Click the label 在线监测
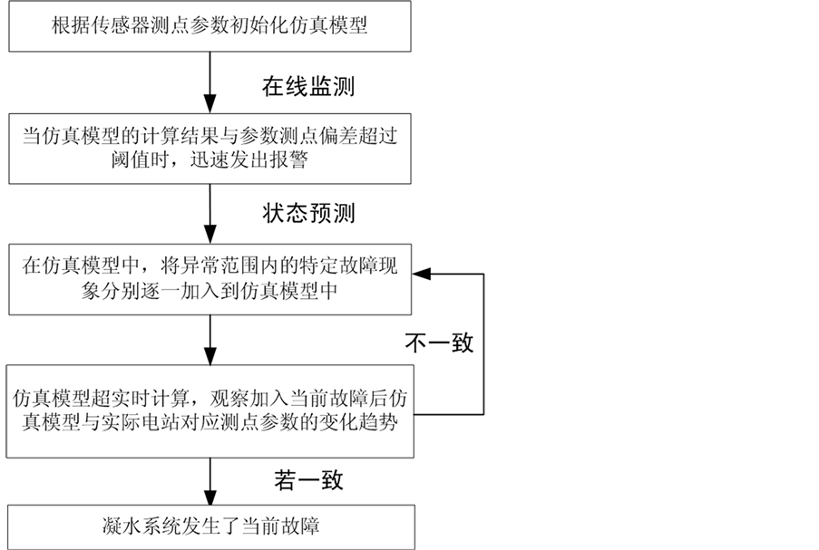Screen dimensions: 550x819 point(307,88)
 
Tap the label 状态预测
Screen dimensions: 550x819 point(307,214)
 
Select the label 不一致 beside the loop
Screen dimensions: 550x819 point(440,343)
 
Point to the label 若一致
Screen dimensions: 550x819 point(307,479)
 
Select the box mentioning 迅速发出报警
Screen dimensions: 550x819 point(210,150)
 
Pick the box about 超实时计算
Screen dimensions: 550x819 point(210,410)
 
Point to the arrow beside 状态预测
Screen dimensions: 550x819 point(210,214)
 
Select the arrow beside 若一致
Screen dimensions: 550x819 point(210,481)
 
